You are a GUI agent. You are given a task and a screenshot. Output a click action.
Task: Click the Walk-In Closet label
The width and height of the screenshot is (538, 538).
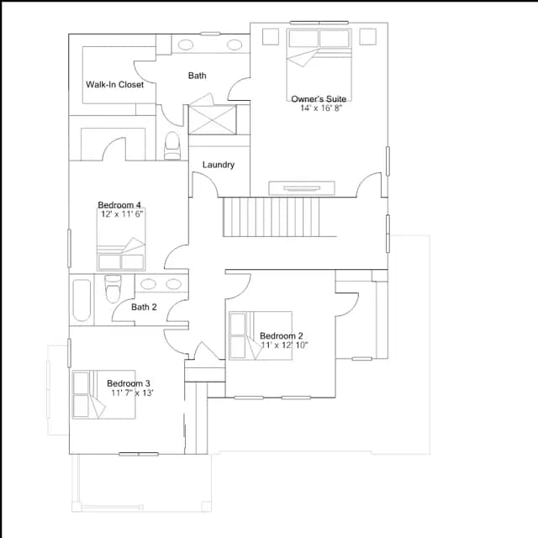point(114,84)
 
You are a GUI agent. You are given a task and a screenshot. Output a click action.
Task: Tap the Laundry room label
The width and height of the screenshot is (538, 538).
point(219,165)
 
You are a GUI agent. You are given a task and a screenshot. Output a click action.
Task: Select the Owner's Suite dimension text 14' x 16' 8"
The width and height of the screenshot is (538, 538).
point(321,108)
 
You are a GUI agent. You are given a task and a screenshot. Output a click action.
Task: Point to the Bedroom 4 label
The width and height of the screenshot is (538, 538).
point(119,205)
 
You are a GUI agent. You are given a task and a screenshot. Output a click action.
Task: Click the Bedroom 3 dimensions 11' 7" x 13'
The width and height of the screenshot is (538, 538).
point(132,393)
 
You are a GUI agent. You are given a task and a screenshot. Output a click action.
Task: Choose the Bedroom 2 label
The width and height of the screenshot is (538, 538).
point(281,336)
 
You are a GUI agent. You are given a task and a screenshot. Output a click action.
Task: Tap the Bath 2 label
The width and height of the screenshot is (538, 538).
point(144,307)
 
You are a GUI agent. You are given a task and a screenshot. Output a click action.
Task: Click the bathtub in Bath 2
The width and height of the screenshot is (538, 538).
point(82,301)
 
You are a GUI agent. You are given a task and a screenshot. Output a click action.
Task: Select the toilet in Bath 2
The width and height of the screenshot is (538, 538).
point(113,288)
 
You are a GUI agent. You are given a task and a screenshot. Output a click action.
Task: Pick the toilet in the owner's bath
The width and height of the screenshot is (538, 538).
point(171,145)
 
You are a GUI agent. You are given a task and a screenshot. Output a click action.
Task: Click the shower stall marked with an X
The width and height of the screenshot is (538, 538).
point(213,120)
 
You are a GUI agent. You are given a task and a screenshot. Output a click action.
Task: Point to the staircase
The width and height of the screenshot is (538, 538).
point(271,217)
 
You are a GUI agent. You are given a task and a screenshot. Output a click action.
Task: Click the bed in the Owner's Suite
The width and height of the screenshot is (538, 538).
point(319,65)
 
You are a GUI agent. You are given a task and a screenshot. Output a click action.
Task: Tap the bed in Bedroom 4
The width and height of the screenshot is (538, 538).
point(121,239)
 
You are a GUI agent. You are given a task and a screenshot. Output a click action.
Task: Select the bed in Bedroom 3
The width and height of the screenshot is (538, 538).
point(103,394)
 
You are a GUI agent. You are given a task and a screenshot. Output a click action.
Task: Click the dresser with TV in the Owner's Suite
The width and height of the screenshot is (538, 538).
point(302,188)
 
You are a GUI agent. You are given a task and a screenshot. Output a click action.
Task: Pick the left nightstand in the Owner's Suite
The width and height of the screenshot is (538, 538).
point(271,37)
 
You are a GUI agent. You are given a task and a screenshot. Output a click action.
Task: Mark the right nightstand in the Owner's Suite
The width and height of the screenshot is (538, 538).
point(368,37)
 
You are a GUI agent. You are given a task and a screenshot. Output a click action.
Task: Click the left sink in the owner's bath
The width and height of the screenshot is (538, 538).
point(186,45)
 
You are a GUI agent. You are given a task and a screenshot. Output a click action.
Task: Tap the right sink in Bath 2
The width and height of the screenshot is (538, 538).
point(174,284)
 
